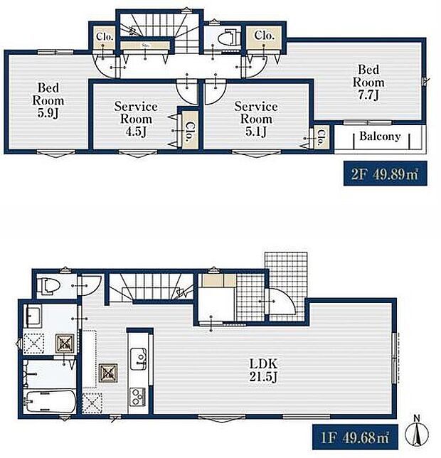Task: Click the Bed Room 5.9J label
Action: [48, 100]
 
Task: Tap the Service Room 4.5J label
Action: [135, 118]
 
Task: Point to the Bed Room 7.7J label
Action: [368, 82]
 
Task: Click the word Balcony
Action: [379, 137]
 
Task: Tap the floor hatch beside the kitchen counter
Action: [109, 371]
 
